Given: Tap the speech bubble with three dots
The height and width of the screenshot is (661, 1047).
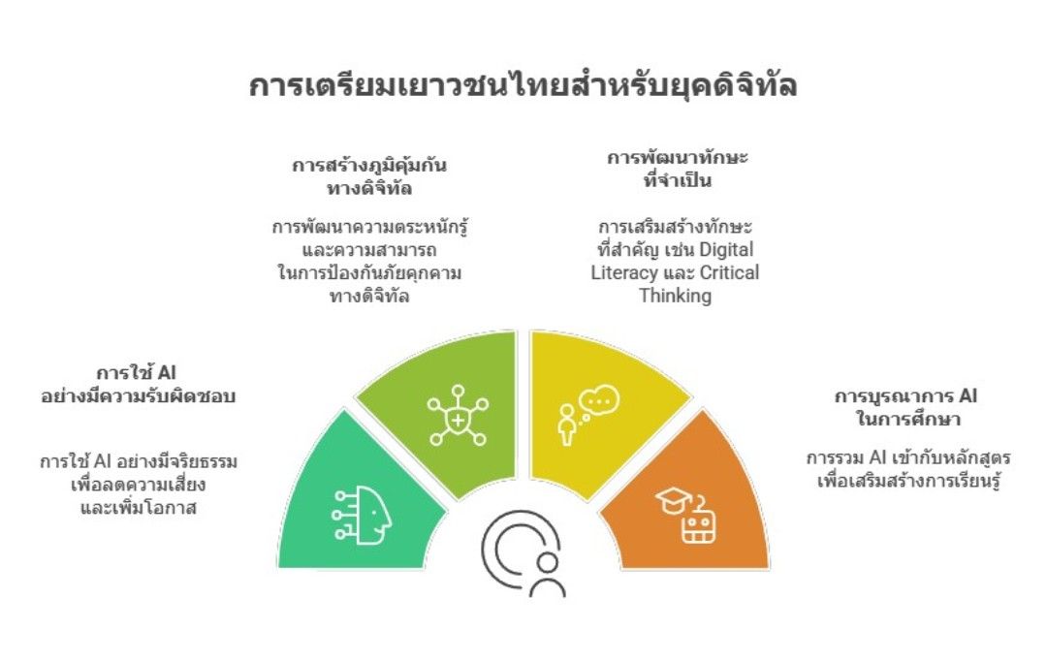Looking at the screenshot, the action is click(599, 400).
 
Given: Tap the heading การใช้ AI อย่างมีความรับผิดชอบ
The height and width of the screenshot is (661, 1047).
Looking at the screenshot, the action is click(139, 384).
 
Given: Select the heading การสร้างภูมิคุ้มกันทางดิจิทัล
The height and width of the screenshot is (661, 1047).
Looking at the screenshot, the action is click(369, 176).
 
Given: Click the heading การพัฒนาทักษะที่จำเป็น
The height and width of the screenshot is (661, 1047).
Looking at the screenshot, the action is click(677, 169).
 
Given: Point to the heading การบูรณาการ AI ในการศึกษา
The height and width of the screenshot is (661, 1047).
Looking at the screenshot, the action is click(906, 407).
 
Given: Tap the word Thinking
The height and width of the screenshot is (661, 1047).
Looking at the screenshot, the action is click(675, 296).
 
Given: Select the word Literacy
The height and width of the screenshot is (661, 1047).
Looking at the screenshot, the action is click(623, 273).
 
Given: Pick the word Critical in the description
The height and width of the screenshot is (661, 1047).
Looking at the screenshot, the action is click(730, 272).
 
